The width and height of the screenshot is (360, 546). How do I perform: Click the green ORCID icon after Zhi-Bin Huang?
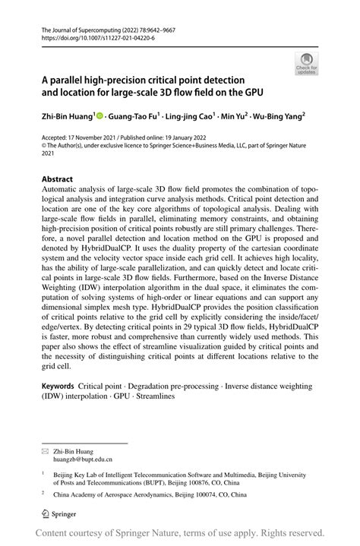[x=101, y=117]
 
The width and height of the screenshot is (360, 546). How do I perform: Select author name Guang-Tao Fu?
[x=132, y=118]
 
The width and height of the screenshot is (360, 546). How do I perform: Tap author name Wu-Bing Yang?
[x=276, y=118]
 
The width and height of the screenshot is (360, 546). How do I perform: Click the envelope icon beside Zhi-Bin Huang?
[x=45, y=450]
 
